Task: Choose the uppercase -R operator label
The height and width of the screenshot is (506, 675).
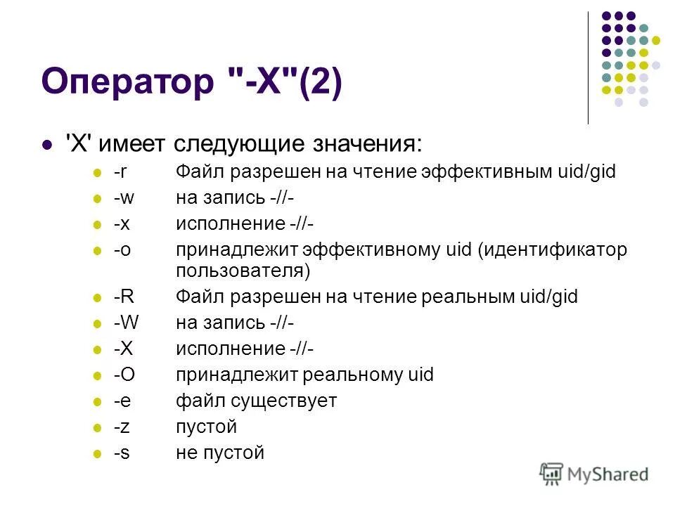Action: tap(124, 297)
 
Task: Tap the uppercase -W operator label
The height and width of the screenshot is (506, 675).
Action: tap(126, 323)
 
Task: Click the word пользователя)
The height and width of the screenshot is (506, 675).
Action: tap(243, 270)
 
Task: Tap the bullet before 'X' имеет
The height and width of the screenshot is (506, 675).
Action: tap(48, 145)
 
